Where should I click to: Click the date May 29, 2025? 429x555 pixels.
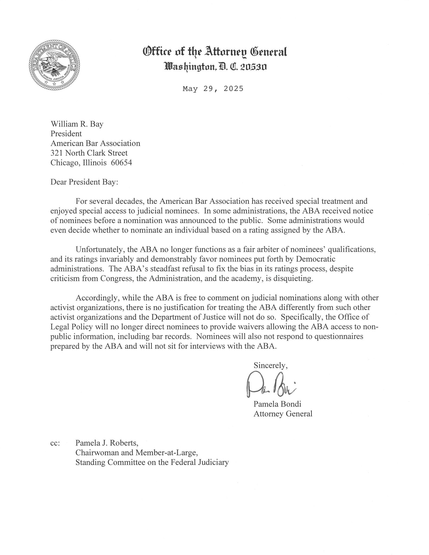click(213, 89)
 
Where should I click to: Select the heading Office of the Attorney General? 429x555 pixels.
click(215, 51)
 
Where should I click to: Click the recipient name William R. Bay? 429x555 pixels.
click(77, 124)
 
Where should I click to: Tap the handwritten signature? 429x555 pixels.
click(270, 385)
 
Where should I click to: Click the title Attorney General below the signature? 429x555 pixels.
click(283, 414)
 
